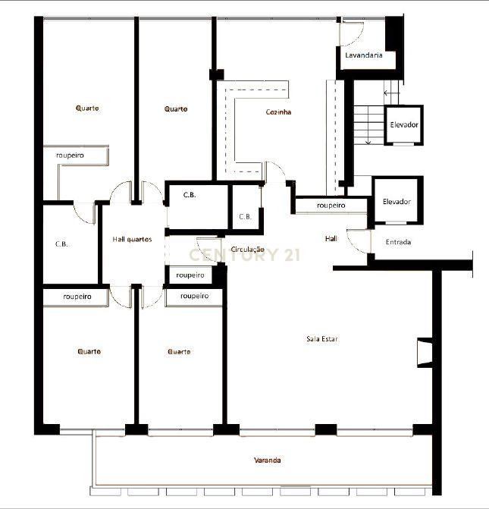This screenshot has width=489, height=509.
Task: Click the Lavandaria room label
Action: (x=363, y=55)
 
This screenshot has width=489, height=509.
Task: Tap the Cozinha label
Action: (x=278, y=112)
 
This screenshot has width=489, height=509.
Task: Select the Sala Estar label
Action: (x=322, y=339)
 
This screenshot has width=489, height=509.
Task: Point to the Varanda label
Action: (x=268, y=460)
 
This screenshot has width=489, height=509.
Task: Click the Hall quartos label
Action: (x=132, y=239)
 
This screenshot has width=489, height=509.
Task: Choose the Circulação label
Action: (x=248, y=250)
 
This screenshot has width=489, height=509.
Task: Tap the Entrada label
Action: (x=398, y=242)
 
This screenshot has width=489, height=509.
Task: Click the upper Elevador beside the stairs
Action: (x=404, y=124)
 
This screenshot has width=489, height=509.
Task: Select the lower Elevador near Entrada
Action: (x=397, y=202)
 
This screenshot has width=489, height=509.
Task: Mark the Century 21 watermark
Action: (x=244, y=255)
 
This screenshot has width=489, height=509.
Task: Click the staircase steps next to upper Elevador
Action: (x=368, y=125)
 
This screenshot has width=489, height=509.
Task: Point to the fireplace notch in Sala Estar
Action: (x=425, y=353)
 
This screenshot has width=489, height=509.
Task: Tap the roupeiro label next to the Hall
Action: (x=331, y=205)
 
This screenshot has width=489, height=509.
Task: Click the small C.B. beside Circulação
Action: (x=245, y=216)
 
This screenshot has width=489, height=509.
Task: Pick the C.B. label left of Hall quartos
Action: (x=61, y=244)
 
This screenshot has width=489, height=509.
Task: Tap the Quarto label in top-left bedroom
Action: (x=87, y=108)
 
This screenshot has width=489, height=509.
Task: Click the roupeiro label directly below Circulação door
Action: (x=190, y=275)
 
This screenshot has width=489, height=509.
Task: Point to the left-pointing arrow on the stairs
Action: (x=392, y=93)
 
